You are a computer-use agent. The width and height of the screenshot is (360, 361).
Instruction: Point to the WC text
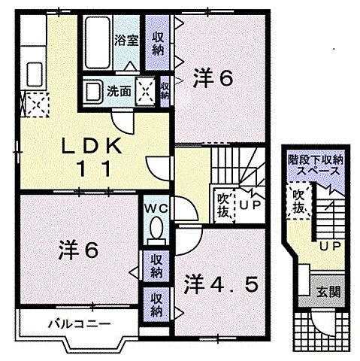coord(156,206)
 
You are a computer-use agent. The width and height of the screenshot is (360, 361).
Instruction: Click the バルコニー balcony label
coord(60,324)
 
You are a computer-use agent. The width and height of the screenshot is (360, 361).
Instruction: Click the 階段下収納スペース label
coord(315,166)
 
